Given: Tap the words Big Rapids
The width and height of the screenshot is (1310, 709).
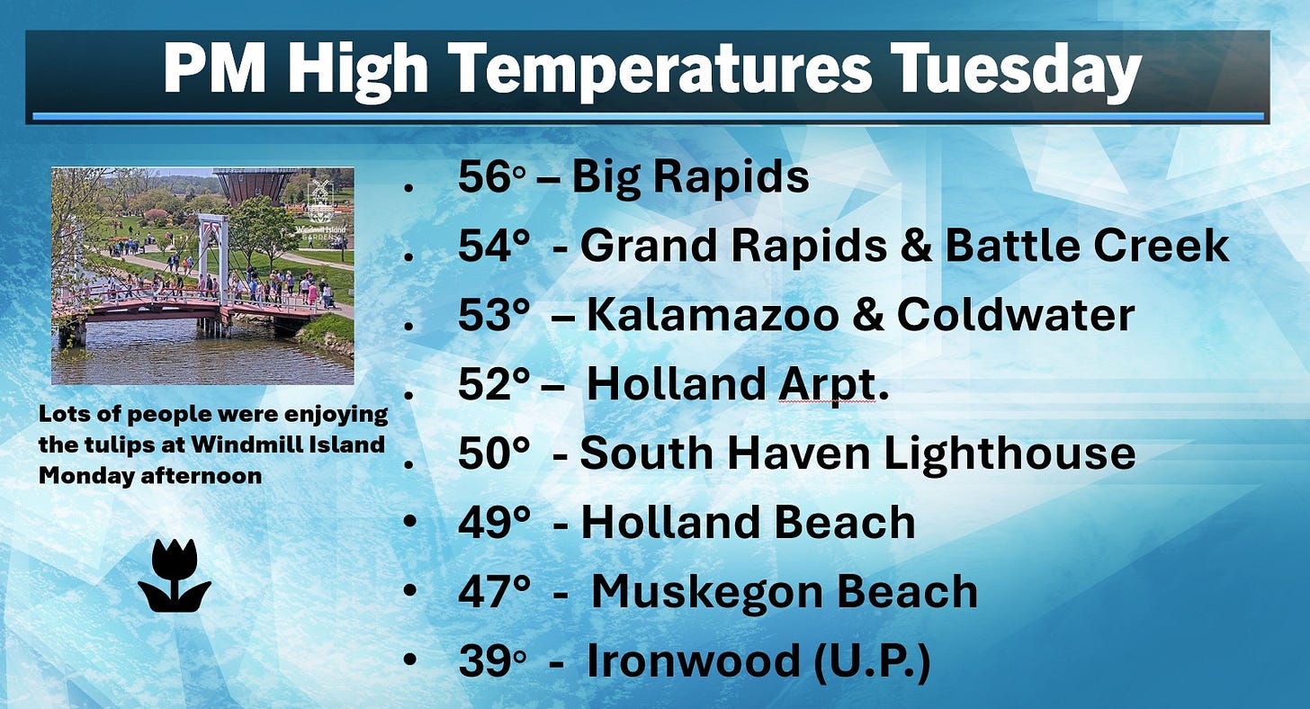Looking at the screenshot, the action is (690, 176).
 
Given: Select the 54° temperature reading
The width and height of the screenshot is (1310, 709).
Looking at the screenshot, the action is (494, 246).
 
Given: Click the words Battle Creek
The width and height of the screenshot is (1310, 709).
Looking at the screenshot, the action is (1087, 245).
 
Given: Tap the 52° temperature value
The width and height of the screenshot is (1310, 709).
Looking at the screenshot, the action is (494, 384).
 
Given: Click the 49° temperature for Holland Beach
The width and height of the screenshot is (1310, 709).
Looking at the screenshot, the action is (494, 522).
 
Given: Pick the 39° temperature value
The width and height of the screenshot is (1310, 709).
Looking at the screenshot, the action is (492, 660).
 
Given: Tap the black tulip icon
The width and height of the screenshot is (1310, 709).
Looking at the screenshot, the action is (175, 576).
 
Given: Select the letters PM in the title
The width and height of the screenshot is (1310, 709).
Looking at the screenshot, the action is (214, 67).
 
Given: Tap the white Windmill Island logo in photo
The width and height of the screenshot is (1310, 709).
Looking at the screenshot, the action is (320, 208).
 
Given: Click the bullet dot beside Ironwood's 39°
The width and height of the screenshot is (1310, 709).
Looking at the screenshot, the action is (410, 659).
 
